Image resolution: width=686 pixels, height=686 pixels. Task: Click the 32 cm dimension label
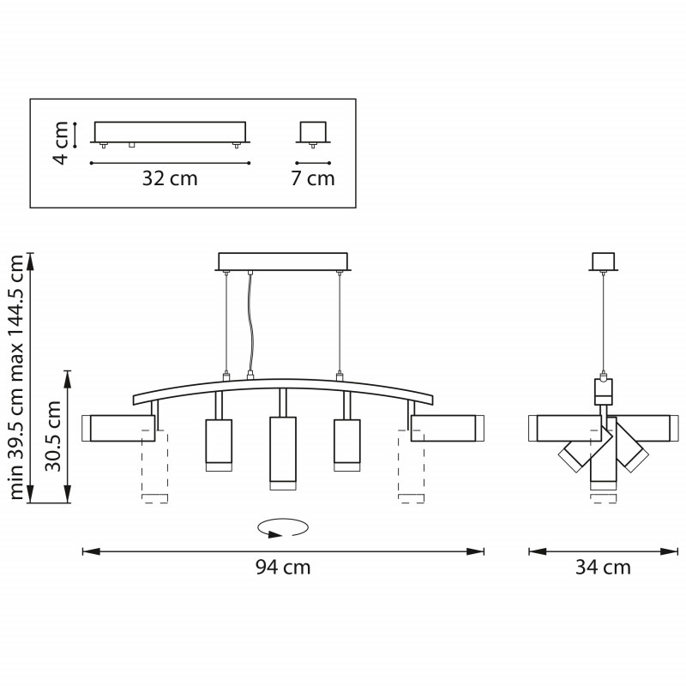(x=170, y=179)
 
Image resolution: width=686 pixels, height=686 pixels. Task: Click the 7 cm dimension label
(x=312, y=179)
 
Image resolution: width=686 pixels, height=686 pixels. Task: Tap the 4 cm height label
(x=60, y=142)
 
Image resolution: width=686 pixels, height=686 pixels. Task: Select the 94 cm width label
(x=283, y=568)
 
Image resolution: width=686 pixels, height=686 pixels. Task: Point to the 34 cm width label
(x=603, y=568)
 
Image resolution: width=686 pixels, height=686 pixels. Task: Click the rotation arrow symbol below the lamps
(x=284, y=527)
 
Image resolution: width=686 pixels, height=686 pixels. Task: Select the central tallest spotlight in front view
(x=283, y=449)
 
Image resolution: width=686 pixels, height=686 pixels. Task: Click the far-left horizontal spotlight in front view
(x=122, y=428)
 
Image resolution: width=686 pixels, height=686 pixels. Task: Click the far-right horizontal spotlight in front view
(x=442, y=428)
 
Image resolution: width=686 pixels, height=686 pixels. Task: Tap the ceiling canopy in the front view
(x=283, y=261)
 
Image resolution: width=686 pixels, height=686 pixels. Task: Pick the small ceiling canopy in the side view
(x=605, y=260)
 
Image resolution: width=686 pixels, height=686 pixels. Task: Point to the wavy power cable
(x=251, y=326)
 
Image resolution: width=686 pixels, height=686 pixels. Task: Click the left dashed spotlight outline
(x=154, y=467)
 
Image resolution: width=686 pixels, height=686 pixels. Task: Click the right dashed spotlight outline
(x=412, y=467)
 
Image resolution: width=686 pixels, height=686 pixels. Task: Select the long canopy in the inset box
(x=170, y=131)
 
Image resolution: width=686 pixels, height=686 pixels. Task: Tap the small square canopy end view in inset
(x=312, y=131)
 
